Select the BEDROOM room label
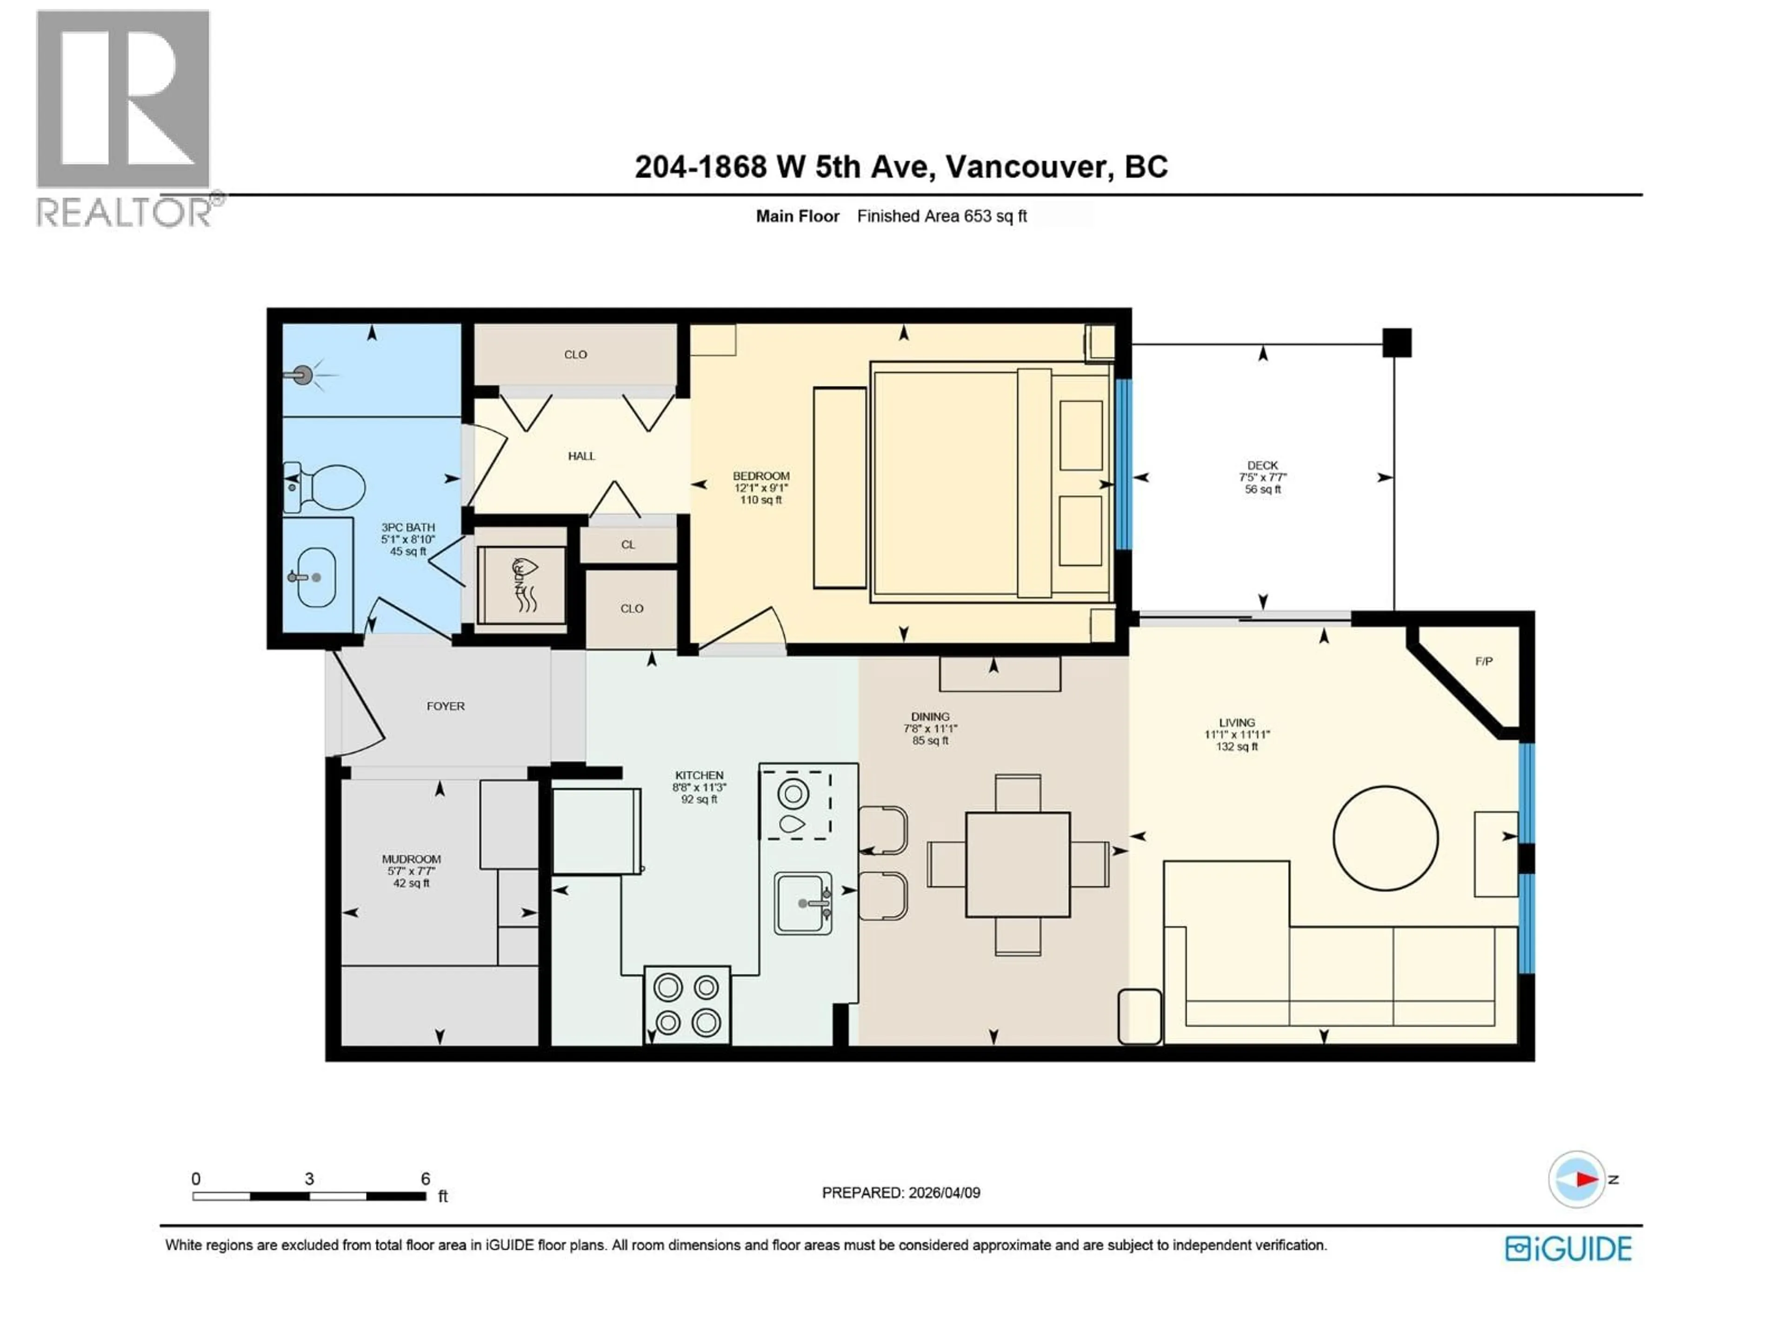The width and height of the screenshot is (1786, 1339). tap(760, 476)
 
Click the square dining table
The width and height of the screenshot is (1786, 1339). tap(1017, 864)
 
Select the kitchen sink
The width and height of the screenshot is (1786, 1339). tap(803, 903)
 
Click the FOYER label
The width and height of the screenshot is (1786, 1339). tap(446, 706)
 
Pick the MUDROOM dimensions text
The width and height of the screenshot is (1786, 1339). tap(411, 872)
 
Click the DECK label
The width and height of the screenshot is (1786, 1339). tap(1262, 466)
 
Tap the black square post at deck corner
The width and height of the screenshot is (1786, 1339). tap(1396, 343)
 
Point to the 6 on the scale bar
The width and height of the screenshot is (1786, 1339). tap(426, 1179)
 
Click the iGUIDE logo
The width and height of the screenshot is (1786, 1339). tap(1568, 1249)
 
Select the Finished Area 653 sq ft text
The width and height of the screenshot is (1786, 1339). tap(941, 216)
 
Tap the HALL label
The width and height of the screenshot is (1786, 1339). tap(581, 456)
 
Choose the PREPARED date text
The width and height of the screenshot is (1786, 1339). tap(900, 1193)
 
